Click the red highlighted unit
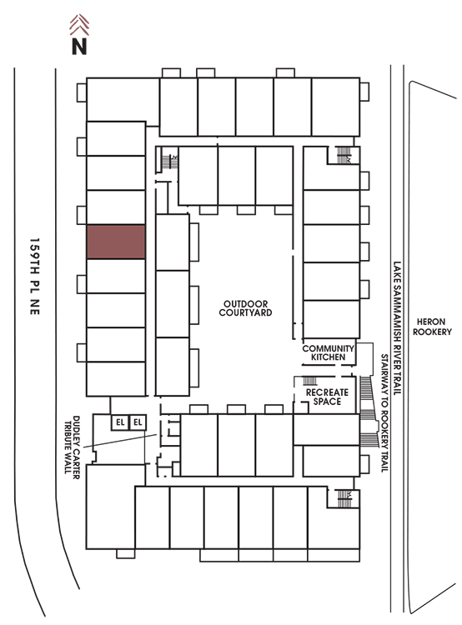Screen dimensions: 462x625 click(116, 242)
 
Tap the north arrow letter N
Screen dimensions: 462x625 click(79, 46)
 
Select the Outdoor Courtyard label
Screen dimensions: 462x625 click(245, 308)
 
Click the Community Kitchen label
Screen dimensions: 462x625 click(328, 352)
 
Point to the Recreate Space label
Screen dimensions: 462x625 click(327, 397)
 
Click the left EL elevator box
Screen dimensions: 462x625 click(120, 422)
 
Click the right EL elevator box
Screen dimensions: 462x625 click(138, 422)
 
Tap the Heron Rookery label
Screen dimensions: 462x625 click(432, 327)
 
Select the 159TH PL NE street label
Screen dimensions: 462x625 click(35, 277)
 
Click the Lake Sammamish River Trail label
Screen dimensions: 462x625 click(397, 328)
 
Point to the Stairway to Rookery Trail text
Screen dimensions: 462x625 click(384, 413)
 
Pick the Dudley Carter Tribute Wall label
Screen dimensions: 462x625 click(73, 447)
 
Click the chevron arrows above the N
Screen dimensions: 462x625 click(79, 25)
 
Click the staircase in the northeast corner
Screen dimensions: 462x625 click(344, 155)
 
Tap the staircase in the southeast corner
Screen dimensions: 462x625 click(344, 498)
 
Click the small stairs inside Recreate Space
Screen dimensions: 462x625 click(310, 381)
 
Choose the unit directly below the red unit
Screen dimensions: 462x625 click(116, 276)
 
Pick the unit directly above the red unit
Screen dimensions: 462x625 click(116, 207)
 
